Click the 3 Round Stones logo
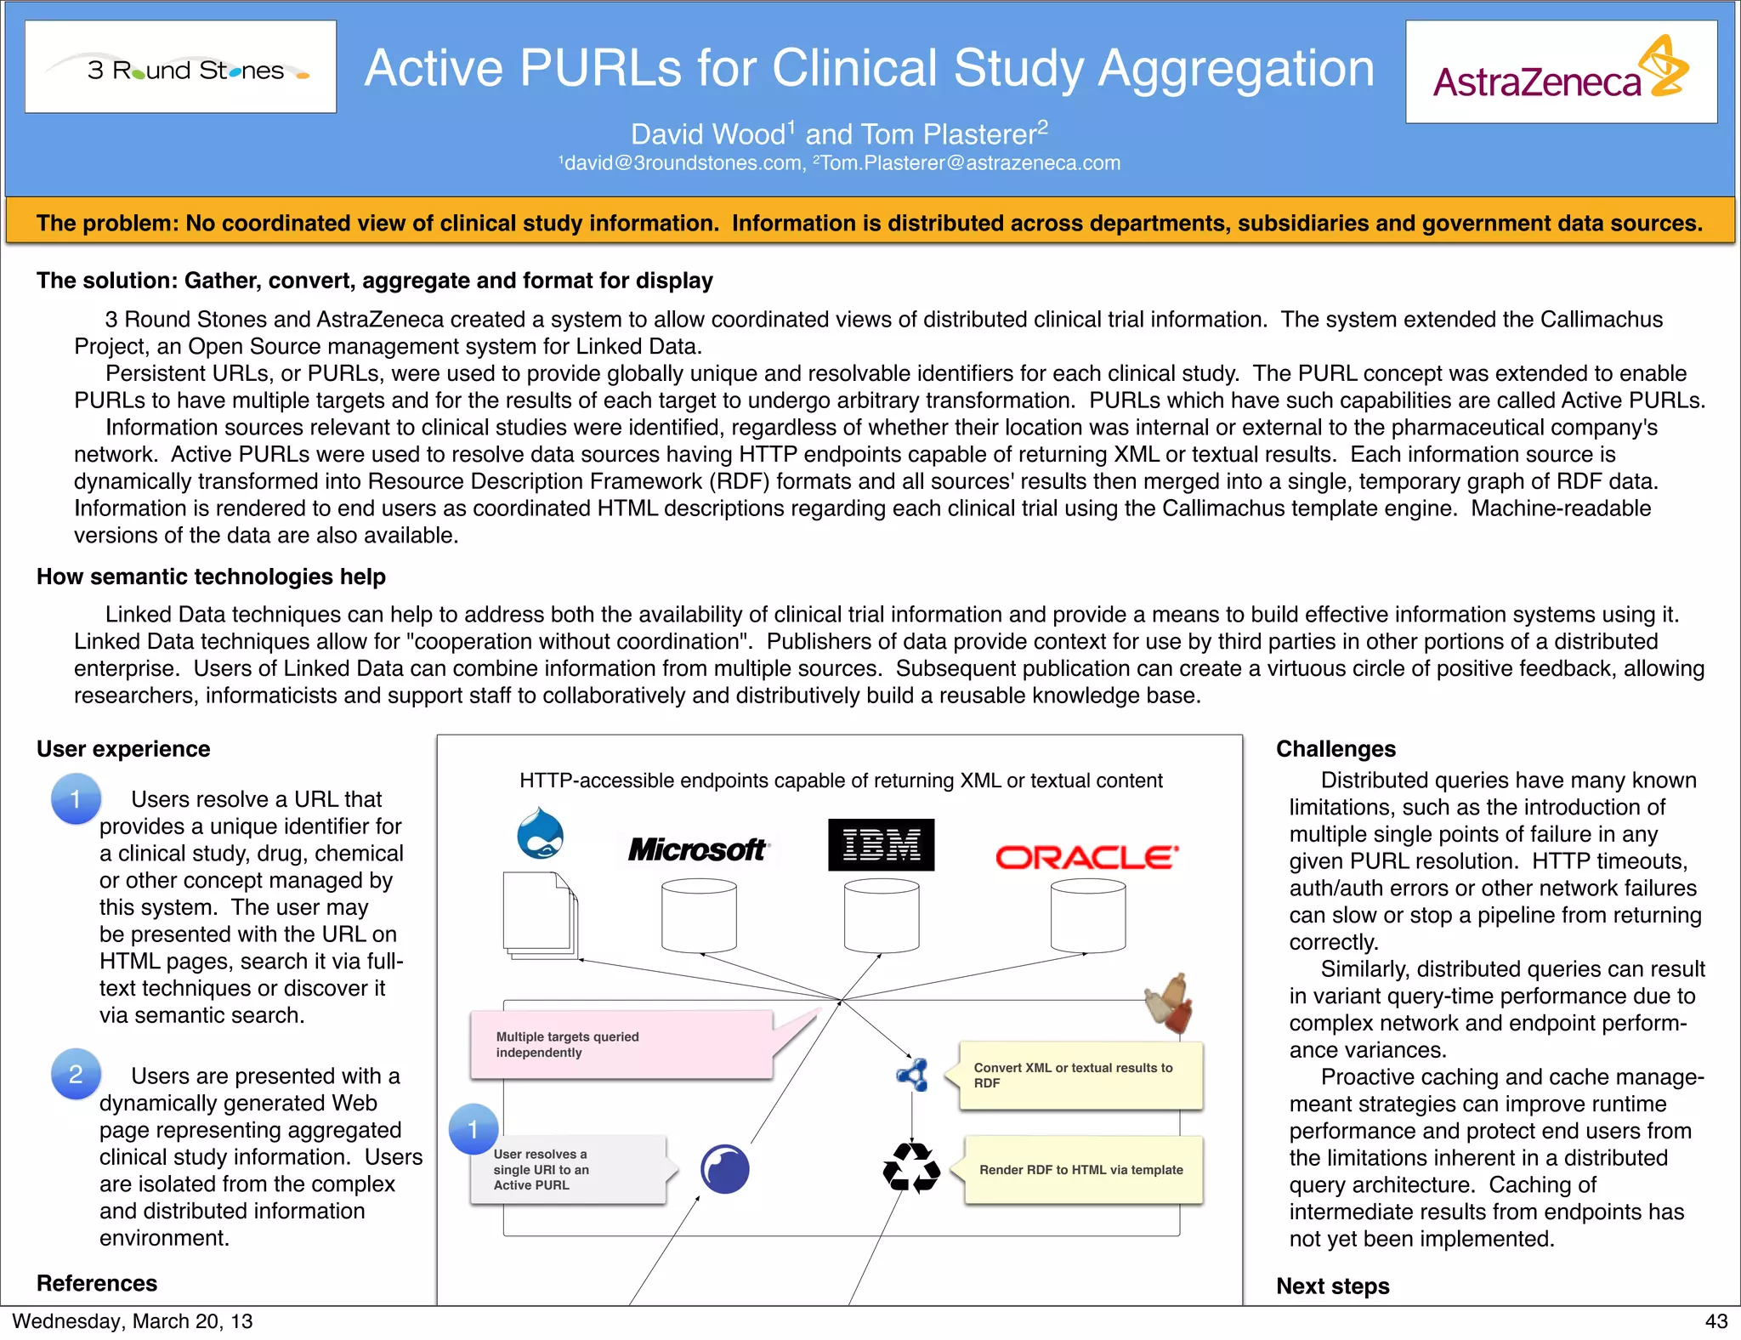click(180, 67)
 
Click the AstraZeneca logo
click(1561, 71)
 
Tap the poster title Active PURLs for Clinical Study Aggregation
click(869, 68)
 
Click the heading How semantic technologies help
click(211, 576)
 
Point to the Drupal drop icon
click(541, 833)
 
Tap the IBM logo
click(881, 845)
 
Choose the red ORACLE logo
click(1087, 857)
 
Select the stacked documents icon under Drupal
click(540, 915)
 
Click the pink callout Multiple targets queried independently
click(621, 1045)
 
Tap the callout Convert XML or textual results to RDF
click(1080, 1076)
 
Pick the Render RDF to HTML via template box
click(1082, 1170)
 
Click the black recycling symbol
click(911, 1167)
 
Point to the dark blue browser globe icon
click(724, 1168)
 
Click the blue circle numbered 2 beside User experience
click(76, 1074)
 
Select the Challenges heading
click(1336, 749)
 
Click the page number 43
click(1715, 1321)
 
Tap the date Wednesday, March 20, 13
click(133, 1321)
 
